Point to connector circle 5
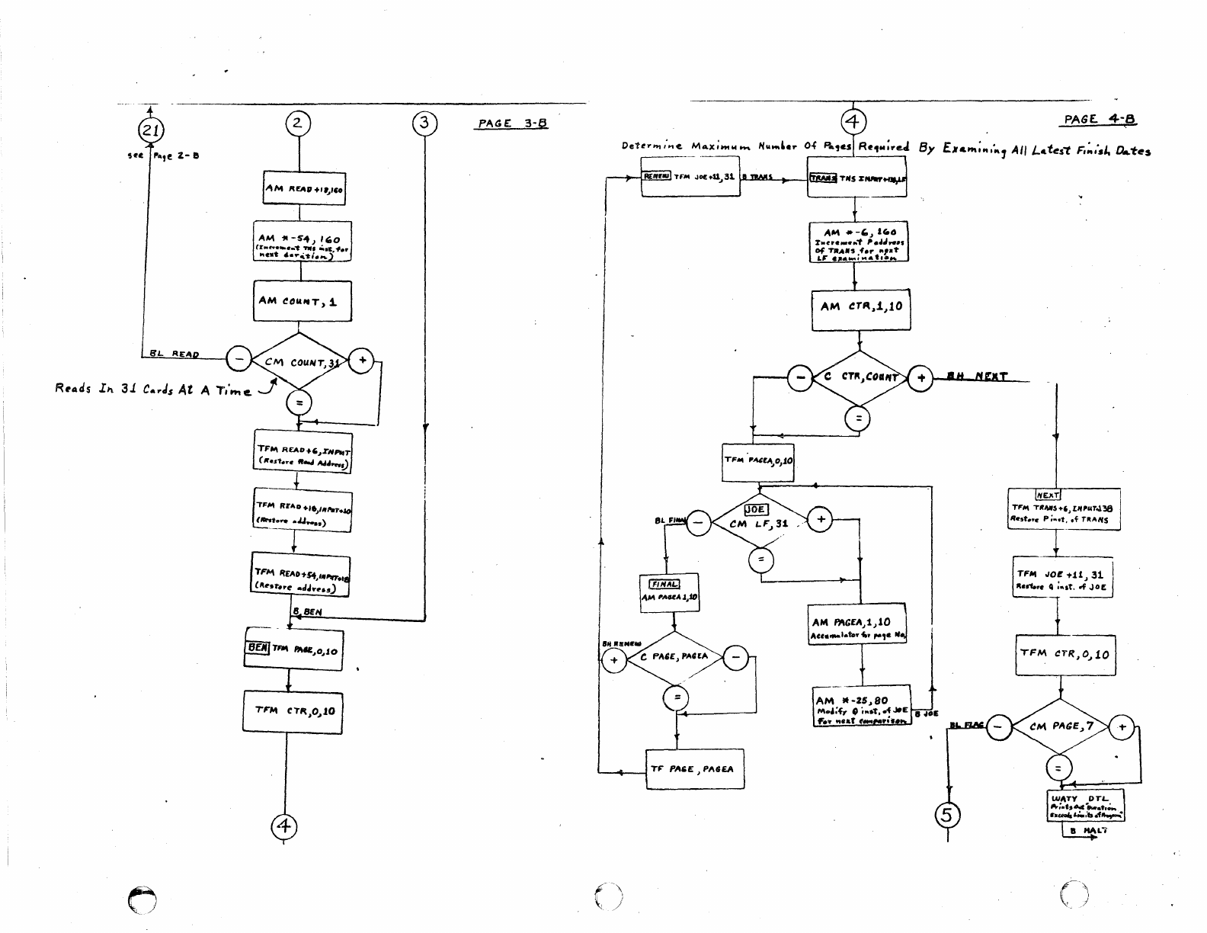946,816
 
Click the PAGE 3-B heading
513,123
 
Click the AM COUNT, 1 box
302,301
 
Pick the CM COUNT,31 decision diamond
299,362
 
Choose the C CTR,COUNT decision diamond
860,378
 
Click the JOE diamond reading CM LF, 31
758,522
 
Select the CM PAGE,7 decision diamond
1061,727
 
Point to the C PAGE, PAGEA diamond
675,657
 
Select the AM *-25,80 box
861,706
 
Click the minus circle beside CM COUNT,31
239,357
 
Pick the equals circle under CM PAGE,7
1059,767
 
